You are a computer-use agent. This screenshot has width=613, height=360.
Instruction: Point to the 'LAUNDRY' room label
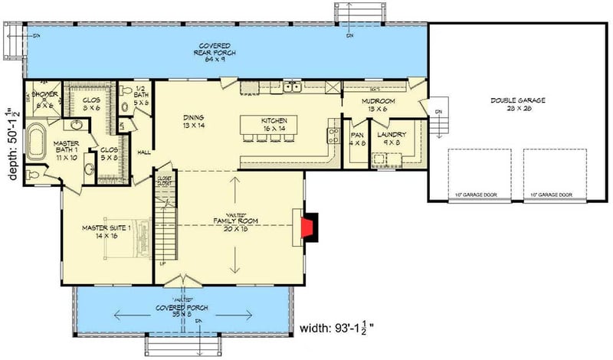[390, 136]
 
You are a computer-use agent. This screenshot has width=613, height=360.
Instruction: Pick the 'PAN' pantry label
[356, 136]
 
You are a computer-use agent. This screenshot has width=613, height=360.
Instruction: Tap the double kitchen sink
[291, 87]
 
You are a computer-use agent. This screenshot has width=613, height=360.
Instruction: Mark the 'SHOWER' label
[41, 95]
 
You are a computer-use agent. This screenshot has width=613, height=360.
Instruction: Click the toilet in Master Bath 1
[31, 175]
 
